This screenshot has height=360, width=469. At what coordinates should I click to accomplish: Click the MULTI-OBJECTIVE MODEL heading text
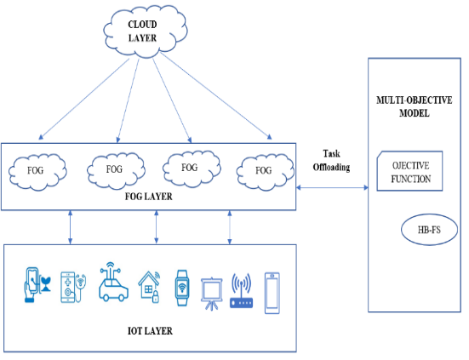[x=414, y=106]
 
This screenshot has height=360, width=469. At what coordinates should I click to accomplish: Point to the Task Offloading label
[x=331, y=161]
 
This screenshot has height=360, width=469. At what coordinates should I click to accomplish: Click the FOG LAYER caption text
[x=149, y=197]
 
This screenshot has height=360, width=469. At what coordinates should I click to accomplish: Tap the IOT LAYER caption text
[x=150, y=331]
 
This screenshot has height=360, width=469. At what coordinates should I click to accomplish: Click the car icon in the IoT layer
[x=113, y=282]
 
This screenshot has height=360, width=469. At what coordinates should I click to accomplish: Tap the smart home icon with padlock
[x=149, y=287]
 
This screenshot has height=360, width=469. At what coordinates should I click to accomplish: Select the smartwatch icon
[x=182, y=288]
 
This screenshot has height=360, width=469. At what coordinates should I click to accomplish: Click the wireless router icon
[x=242, y=291]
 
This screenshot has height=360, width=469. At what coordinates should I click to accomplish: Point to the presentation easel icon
[x=211, y=294]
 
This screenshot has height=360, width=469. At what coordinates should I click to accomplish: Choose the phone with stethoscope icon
[x=73, y=288]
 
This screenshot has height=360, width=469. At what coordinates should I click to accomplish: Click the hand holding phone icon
[x=37, y=285]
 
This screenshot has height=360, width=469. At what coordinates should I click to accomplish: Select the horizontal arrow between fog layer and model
[x=332, y=188]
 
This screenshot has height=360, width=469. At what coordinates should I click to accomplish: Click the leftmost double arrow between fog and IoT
[x=71, y=227]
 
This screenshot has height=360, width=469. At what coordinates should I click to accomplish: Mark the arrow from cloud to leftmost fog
[x=84, y=99]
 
